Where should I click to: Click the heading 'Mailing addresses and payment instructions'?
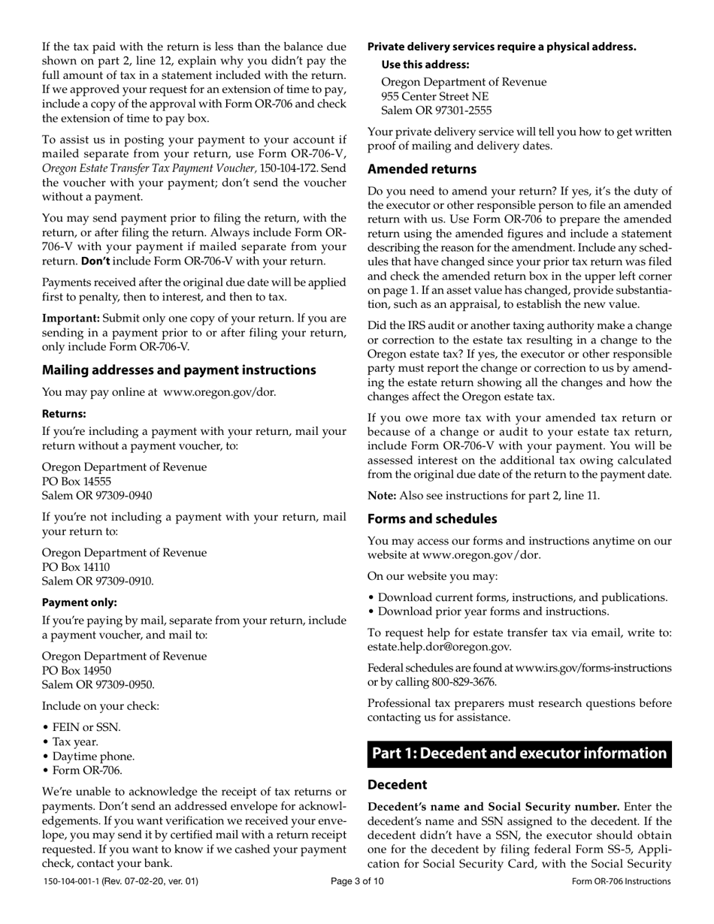pos(179,370)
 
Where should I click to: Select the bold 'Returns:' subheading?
pos(64,413)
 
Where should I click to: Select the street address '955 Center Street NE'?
pos(434,96)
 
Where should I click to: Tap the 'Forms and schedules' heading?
pos(431,518)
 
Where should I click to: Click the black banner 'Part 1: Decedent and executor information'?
pos(519,753)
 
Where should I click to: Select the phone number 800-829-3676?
pos(461,682)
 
